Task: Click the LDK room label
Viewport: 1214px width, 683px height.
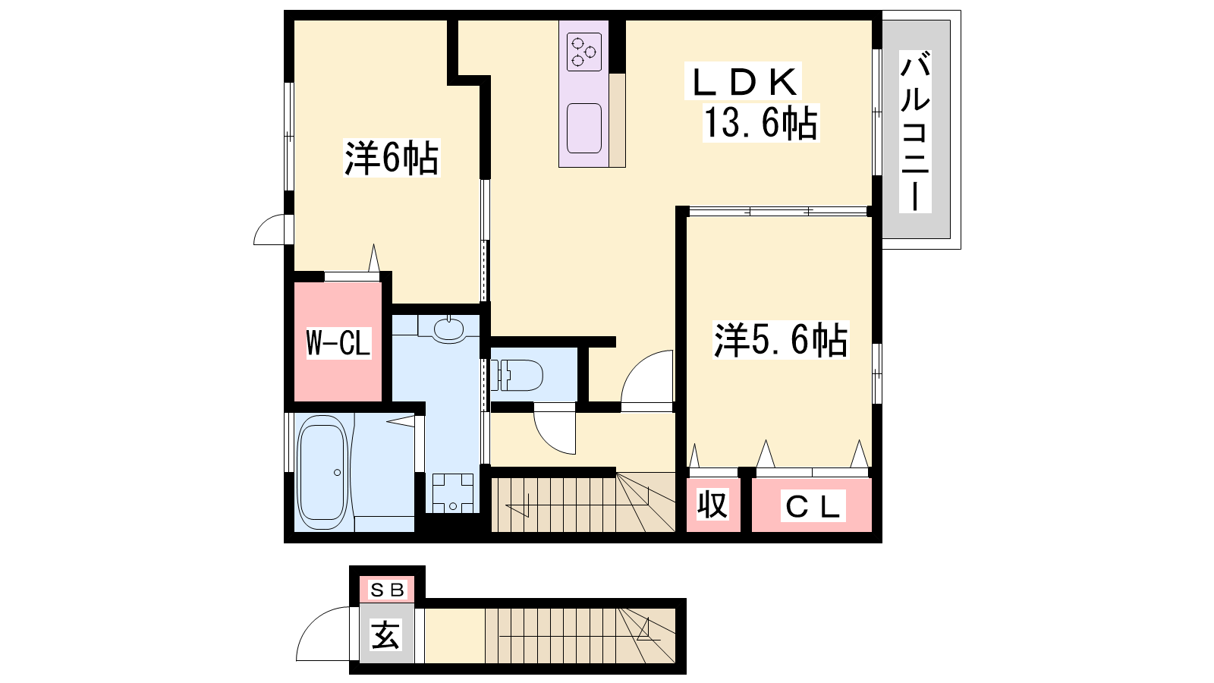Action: click(743, 82)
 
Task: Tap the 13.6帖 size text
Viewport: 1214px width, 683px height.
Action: click(761, 123)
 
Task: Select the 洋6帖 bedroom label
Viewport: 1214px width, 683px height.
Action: click(392, 158)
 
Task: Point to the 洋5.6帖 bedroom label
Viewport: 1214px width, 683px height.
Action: click(781, 340)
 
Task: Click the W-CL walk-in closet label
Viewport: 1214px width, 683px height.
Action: click(338, 342)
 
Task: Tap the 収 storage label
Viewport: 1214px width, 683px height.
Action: click(712, 505)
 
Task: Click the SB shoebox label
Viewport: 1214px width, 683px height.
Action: click(387, 589)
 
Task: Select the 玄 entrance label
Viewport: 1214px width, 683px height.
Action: click(386, 634)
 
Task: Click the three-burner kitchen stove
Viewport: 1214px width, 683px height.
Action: click(584, 52)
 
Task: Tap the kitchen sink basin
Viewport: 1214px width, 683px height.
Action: click(584, 128)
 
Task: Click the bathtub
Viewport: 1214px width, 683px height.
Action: click(323, 472)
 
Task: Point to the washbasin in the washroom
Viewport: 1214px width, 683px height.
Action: click(448, 329)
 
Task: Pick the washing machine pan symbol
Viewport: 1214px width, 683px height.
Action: click(452, 493)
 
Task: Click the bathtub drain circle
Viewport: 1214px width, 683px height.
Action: click(337, 473)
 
